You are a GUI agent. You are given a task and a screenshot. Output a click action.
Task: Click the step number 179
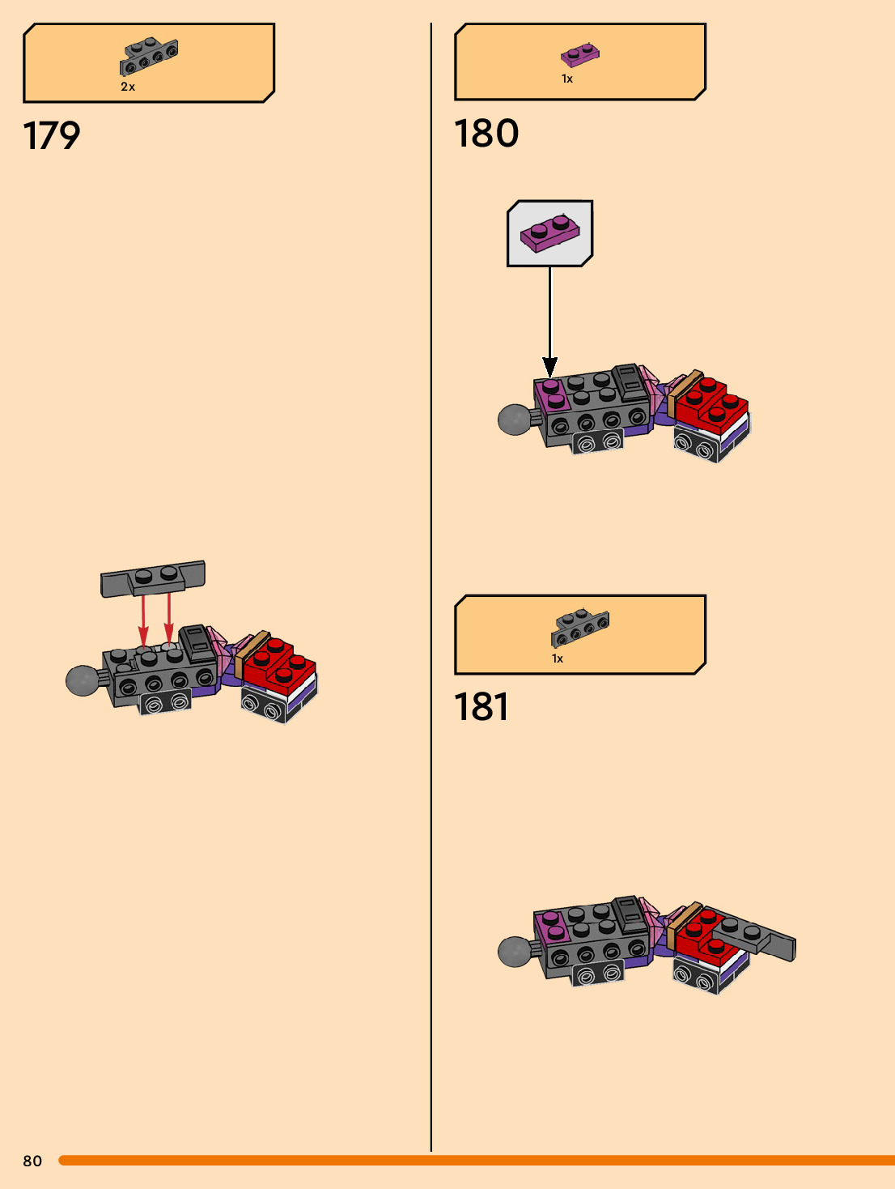[x=52, y=136]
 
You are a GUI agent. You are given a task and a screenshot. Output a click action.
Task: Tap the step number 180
[x=486, y=134]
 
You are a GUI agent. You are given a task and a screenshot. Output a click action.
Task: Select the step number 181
[x=481, y=706]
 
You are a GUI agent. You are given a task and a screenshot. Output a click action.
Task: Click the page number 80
[x=32, y=1161]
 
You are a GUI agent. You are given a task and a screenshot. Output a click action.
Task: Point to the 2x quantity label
[x=128, y=87]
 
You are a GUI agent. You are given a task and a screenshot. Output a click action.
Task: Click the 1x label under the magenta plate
[x=567, y=79]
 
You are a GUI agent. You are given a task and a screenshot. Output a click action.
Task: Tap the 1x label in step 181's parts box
[x=558, y=658]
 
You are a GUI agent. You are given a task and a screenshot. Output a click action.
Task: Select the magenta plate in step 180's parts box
[x=580, y=54]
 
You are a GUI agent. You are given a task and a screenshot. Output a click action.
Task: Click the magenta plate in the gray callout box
[x=550, y=232]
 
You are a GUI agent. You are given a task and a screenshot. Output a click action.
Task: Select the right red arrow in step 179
[x=168, y=621]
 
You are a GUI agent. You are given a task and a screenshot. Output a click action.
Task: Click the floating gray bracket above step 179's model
[x=153, y=577]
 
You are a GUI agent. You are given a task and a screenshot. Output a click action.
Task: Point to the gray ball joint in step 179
[x=82, y=680]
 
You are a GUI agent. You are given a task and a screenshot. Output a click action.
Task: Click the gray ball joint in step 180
[x=514, y=420]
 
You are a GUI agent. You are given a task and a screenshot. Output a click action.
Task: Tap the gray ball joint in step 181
[x=514, y=951]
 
